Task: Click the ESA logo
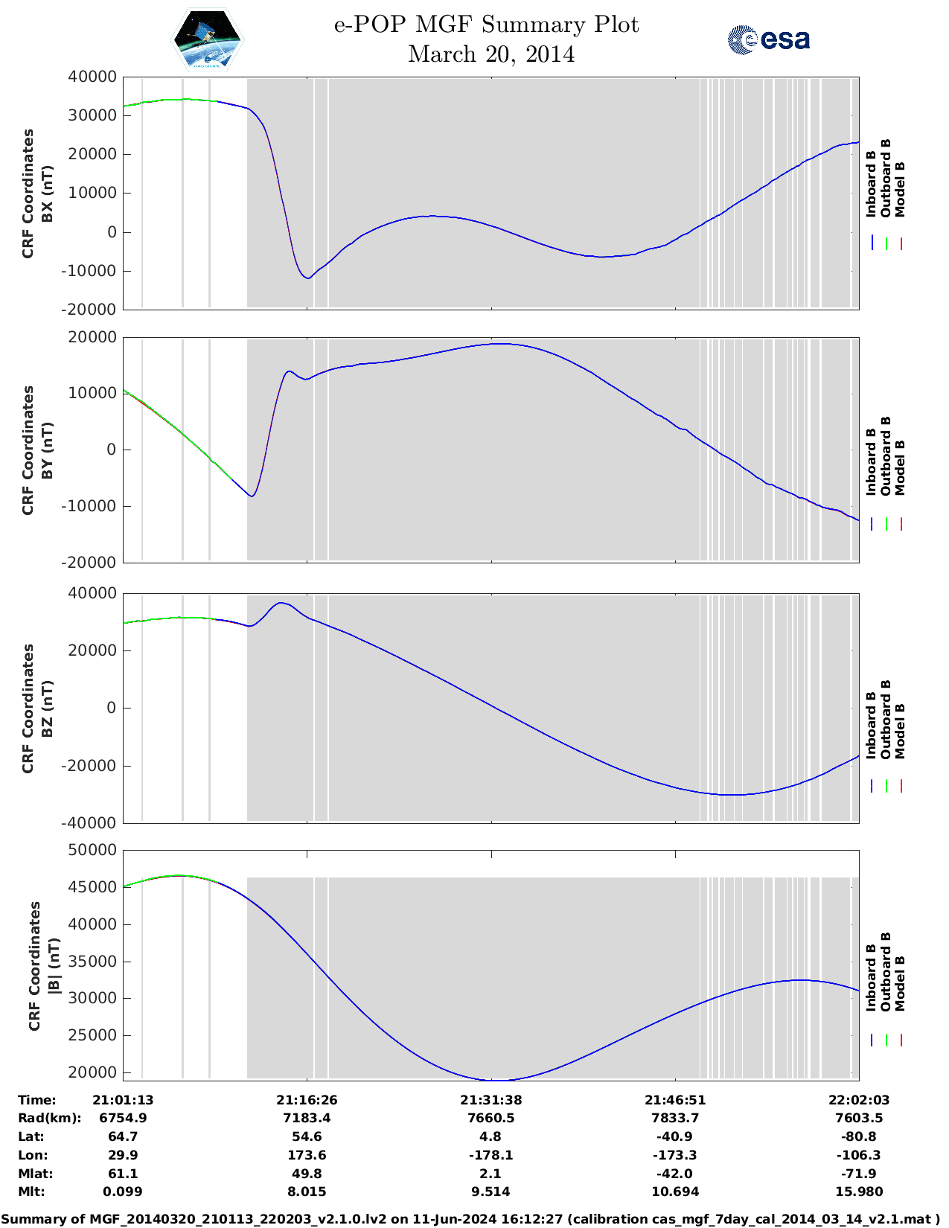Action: (768, 39)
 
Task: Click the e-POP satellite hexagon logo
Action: (207, 39)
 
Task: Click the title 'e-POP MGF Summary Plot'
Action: (485, 25)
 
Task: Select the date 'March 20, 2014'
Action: (491, 54)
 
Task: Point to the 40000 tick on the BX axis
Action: (92, 77)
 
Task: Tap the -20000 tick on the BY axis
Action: (92, 563)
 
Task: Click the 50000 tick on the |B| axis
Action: (92, 850)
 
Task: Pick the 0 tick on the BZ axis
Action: (111, 708)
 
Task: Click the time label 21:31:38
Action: (491, 1100)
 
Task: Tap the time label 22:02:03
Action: (859, 1100)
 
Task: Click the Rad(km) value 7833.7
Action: (674, 1118)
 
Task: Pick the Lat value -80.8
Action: (859, 1136)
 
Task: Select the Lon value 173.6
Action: (307, 1155)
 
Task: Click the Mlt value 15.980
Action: (859, 1192)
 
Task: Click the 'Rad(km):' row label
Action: (49, 1118)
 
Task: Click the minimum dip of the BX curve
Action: (307, 278)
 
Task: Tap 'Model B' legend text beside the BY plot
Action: (900, 467)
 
